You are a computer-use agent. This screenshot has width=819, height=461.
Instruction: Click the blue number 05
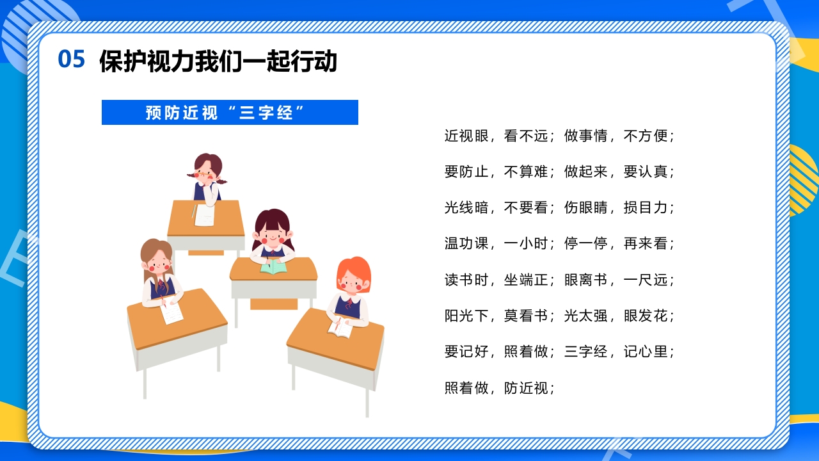click(x=71, y=59)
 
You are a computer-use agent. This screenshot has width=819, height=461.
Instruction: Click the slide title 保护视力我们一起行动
click(x=218, y=61)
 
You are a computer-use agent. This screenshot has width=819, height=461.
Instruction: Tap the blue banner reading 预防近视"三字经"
click(x=230, y=113)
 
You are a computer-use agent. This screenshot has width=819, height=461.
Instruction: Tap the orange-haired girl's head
click(x=353, y=275)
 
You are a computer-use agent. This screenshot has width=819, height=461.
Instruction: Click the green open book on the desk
click(x=274, y=266)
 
